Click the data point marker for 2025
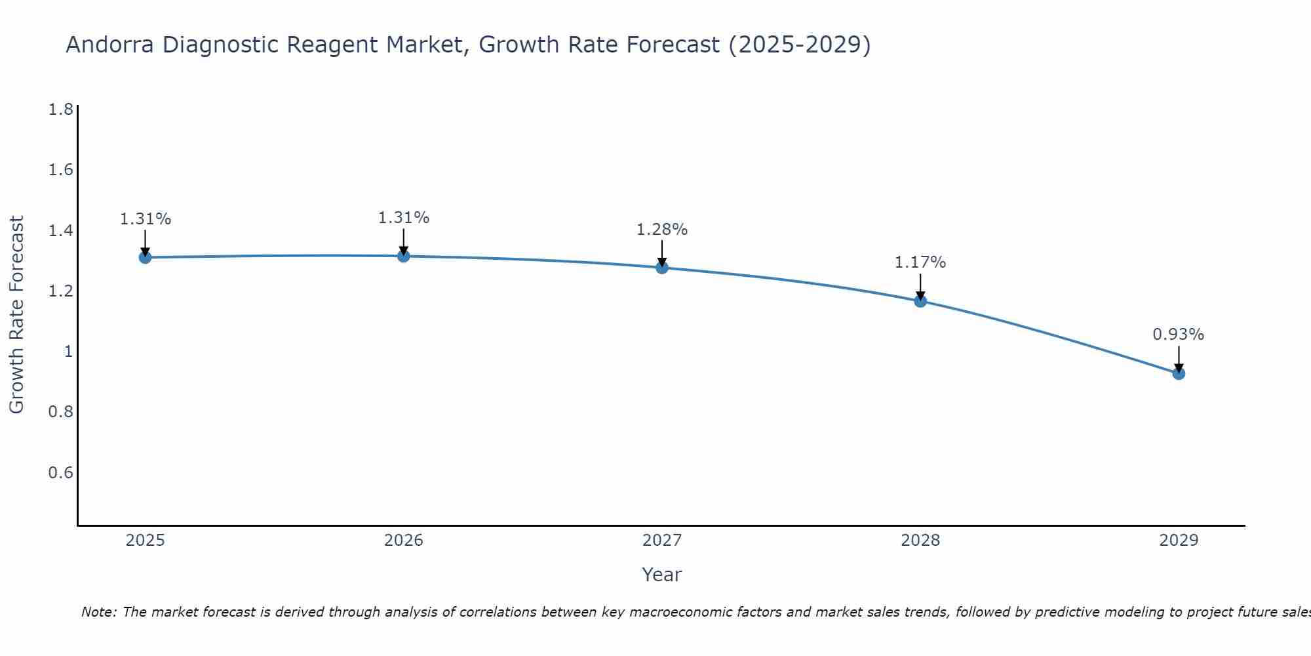[x=146, y=257]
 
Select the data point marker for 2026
[x=404, y=256]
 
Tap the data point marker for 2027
[x=662, y=267]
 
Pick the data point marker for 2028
[x=920, y=301]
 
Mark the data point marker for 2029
[x=1179, y=373]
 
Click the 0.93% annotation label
[x=1178, y=335]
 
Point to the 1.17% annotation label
[x=920, y=262]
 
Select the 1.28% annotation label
[x=661, y=230]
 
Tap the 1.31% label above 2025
[x=145, y=219]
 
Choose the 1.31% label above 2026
[x=403, y=218]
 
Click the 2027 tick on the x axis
[x=662, y=541]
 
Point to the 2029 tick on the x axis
[x=1179, y=541]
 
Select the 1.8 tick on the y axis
[x=60, y=110]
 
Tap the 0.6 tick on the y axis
[x=60, y=473]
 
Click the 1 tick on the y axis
[x=68, y=352]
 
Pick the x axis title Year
[x=662, y=575]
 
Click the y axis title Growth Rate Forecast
[x=16, y=315]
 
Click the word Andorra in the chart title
[x=109, y=45]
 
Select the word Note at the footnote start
[x=98, y=612]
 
